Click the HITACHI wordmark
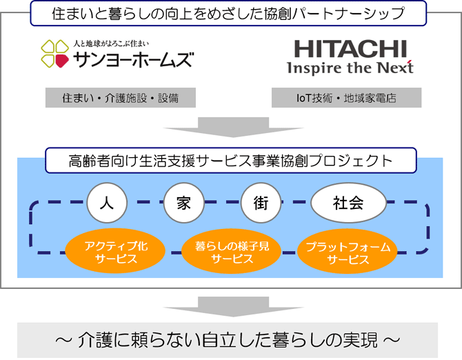point(350,49)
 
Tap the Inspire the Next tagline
point(350,68)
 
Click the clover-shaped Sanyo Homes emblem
point(54,54)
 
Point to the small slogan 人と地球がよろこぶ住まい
point(111,43)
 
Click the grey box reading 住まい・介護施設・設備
point(121,97)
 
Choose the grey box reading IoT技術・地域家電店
point(346,97)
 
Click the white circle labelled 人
point(107,203)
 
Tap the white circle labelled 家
point(184,203)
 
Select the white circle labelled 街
point(261,203)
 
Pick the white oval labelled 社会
point(348,203)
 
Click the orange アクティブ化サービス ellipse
point(116,251)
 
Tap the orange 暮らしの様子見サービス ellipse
point(232,251)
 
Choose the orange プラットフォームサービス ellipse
point(348,251)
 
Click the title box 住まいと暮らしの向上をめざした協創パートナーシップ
point(228,13)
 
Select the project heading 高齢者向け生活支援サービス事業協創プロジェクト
point(231,160)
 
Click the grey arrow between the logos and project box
point(233,128)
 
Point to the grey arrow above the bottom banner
point(233,307)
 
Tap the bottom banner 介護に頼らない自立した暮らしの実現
point(228,340)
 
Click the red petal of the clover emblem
point(62,61)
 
